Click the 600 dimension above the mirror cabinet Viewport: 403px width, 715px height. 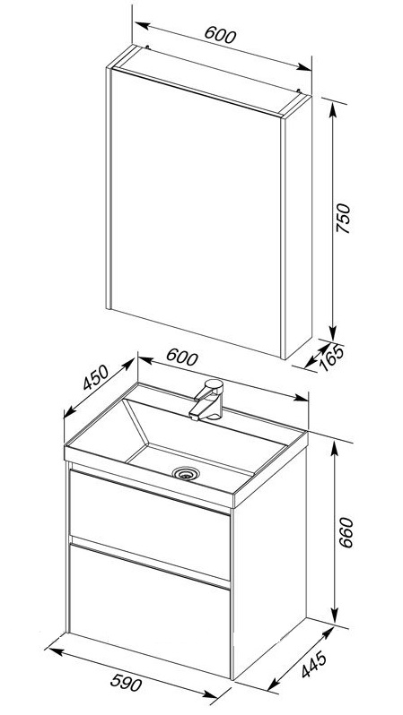[x=220, y=35]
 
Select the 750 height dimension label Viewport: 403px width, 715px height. [x=343, y=218]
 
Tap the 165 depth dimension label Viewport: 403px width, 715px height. [x=332, y=358]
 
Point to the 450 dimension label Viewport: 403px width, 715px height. [x=96, y=377]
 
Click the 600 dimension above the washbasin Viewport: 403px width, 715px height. [x=182, y=357]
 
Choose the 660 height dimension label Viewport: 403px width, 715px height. [x=346, y=532]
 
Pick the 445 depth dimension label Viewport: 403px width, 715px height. [x=314, y=665]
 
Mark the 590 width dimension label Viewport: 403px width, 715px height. [x=127, y=683]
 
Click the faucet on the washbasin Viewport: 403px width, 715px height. [x=208, y=400]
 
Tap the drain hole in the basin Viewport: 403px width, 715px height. [x=185, y=473]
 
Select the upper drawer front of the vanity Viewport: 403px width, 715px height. [x=150, y=524]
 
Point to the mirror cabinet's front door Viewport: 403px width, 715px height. [x=196, y=212]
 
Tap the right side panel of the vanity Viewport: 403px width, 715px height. [x=269, y=561]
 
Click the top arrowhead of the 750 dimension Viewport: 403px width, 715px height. [x=333, y=109]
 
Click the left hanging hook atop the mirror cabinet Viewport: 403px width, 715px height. [x=146, y=46]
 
